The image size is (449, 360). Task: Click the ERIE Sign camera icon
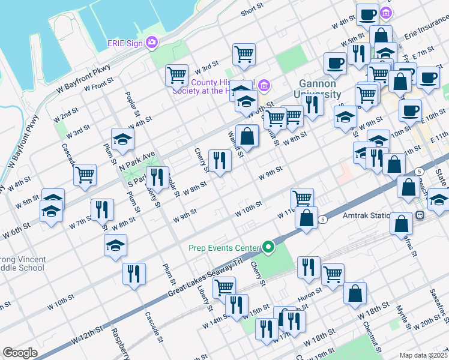(x=152, y=42)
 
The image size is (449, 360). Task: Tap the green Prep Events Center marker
(x=268, y=247)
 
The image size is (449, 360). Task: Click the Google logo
(x=20, y=353)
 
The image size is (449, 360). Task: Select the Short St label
(x=252, y=11)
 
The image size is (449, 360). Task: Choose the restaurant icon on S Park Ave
(x=157, y=176)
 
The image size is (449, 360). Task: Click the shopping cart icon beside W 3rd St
(x=177, y=75)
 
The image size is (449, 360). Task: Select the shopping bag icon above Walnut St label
(x=247, y=136)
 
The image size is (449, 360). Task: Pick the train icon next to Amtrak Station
(x=420, y=214)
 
